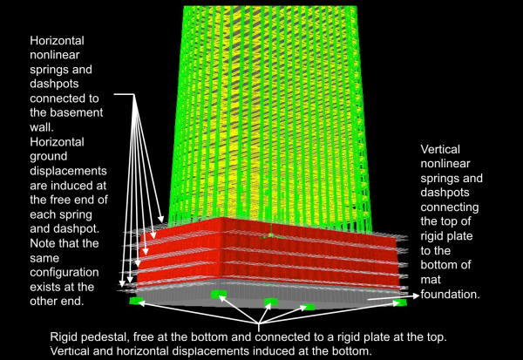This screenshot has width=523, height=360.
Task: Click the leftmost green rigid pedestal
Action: coord(136,301)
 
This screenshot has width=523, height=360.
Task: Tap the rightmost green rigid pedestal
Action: coord(399,302)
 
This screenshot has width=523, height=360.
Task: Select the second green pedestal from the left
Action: coord(219,294)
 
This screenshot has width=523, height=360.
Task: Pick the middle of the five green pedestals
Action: coord(271,302)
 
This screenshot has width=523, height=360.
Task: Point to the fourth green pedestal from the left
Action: coord(309,307)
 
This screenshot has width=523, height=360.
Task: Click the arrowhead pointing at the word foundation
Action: coord(416,295)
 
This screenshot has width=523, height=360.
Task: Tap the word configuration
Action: coord(65,272)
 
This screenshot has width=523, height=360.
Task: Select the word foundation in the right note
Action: coord(450,295)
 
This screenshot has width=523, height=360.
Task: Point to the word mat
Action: coord(431,280)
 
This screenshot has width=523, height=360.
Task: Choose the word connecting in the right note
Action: coord(450,207)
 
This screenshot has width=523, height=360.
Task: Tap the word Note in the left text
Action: coord(42,243)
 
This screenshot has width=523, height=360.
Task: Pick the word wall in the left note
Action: coord(40,126)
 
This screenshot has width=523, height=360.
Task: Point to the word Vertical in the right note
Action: coord(440,149)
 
